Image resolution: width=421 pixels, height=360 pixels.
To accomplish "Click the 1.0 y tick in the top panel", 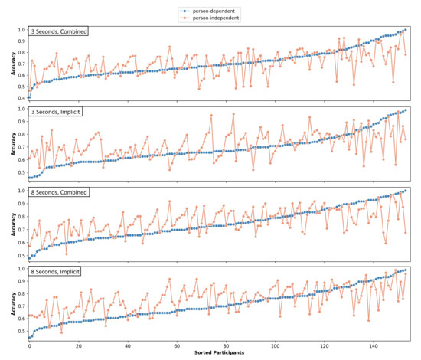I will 19,30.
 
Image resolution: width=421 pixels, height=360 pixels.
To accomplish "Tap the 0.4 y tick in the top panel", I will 19,98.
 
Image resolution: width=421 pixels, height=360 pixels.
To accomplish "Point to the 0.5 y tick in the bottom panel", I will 19,331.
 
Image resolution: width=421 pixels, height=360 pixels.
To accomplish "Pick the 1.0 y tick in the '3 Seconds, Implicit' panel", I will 19,110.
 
